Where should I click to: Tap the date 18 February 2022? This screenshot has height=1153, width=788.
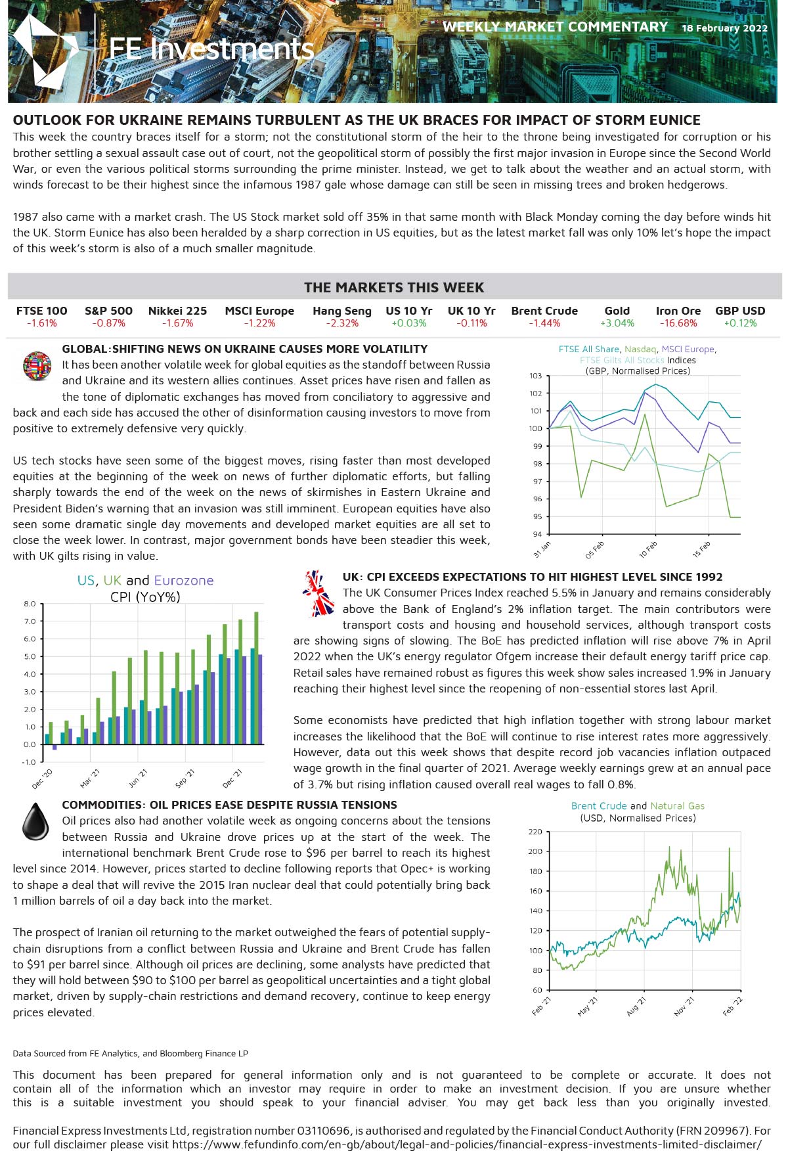click(x=724, y=28)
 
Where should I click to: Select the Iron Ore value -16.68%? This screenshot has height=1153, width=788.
click(x=678, y=323)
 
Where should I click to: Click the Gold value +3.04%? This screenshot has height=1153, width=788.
click(x=617, y=323)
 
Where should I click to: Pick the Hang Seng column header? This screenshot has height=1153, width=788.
click(x=341, y=311)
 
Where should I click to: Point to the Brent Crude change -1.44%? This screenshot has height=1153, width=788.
click(x=544, y=323)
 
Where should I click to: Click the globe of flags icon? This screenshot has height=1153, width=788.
click(x=37, y=366)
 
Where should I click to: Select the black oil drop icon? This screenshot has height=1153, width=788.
click(x=35, y=821)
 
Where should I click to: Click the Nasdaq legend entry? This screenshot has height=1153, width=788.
click(x=640, y=350)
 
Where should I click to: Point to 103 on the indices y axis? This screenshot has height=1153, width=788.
click(x=536, y=376)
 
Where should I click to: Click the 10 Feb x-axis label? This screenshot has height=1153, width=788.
click(x=648, y=550)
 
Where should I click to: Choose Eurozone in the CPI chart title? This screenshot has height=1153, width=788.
click(x=184, y=581)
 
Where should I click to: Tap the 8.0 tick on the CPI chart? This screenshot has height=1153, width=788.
click(x=30, y=604)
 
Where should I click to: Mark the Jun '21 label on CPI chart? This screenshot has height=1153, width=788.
click(x=138, y=779)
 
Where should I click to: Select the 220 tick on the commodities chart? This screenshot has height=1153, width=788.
click(x=535, y=832)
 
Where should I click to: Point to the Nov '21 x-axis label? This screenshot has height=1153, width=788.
click(x=684, y=1006)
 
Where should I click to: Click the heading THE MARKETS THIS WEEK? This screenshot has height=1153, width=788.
click(x=394, y=288)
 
